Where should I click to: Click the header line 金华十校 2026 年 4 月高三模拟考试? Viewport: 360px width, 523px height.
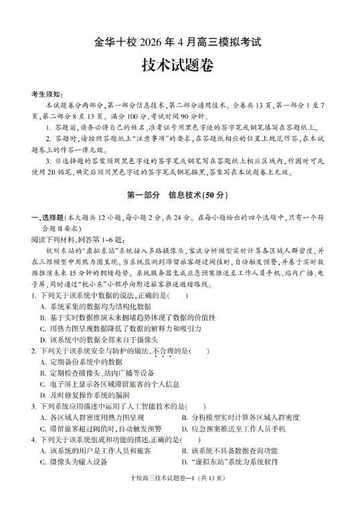coord(179,41)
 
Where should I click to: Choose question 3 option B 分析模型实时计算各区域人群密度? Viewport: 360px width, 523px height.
coord(245,418)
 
